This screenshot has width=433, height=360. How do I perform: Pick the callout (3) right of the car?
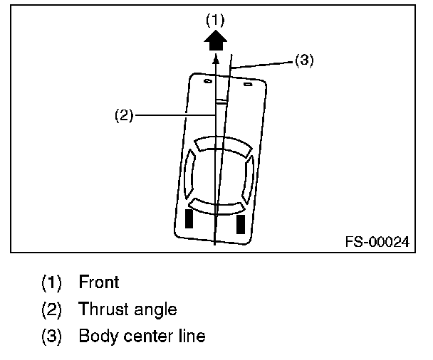pos(304,61)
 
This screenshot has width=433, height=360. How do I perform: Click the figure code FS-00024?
pos(377,242)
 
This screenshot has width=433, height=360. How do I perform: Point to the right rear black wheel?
pos(240,223)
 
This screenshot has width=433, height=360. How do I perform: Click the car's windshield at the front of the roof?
pos(224,146)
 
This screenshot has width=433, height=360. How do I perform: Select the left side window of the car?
pos(189,176)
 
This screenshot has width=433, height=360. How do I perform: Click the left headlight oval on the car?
pos(207,82)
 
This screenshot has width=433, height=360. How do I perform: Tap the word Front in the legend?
pos(99,282)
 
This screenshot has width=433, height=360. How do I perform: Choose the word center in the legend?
pos(146,336)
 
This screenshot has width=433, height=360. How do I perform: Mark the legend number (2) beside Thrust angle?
pos(51,309)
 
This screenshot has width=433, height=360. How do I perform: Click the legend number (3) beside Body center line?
pos(51,336)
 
